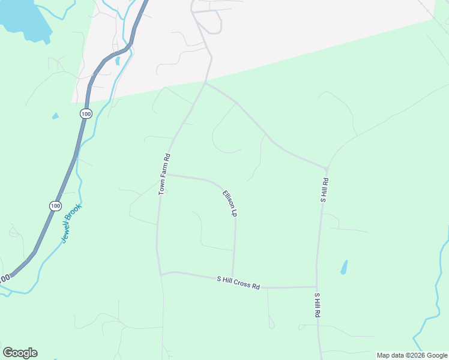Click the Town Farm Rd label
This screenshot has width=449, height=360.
coord(165,174)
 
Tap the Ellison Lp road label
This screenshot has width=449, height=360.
coord(230,203)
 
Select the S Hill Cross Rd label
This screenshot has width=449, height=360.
coord(238,283)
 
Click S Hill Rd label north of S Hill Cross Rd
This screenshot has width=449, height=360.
coord(324,190)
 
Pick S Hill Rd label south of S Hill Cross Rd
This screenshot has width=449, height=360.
coord(318,305)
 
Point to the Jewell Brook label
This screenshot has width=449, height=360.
coord(71,224)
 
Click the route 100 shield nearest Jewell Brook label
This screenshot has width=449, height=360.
coord(55,206)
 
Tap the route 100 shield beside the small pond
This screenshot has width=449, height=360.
coord(86,113)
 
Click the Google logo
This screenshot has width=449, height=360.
coord(20,353)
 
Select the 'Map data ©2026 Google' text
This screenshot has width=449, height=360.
coord(412,355)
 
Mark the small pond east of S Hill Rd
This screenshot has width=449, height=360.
coord(344,267)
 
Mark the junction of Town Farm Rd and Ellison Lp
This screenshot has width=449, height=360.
coord(166,175)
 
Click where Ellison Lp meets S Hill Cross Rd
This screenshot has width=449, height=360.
coord(233,279)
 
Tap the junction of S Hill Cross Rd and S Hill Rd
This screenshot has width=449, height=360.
coord(316,287)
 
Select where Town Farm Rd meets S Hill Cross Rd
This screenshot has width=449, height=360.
coord(161,275)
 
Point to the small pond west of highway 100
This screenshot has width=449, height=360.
coord(55,115)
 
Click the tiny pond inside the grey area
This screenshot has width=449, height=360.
coord(118,61)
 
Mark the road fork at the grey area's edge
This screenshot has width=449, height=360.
coord(205,83)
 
